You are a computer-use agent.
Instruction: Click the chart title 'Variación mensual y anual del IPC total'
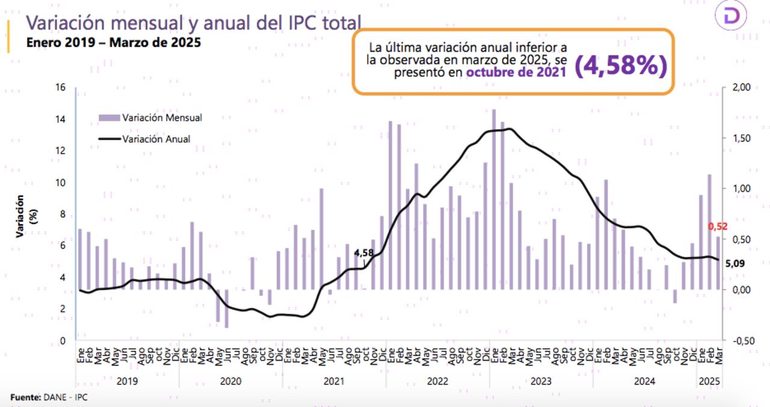click(x=192, y=23)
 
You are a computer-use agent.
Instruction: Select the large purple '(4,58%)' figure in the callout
click(x=621, y=66)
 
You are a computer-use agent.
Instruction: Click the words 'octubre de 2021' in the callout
click(x=516, y=73)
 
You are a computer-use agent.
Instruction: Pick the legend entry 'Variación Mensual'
click(x=161, y=117)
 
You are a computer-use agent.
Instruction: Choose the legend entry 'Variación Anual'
click(x=156, y=138)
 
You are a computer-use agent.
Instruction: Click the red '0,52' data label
click(x=718, y=226)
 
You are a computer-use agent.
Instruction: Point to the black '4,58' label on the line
click(x=364, y=253)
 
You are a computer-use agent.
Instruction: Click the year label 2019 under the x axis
click(x=127, y=381)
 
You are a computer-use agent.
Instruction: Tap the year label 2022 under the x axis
click(x=437, y=381)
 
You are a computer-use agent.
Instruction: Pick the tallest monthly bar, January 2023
click(x=494, y=199)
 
